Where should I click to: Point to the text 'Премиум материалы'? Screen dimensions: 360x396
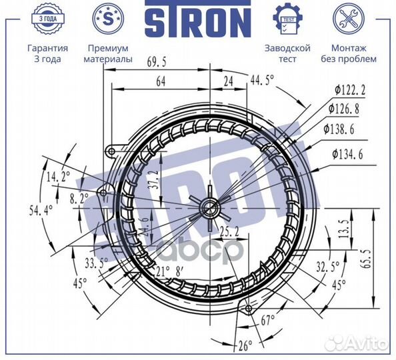click(108, 53)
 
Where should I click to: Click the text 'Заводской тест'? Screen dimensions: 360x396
click(287, 53)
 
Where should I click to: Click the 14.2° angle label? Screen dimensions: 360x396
click(59, 177)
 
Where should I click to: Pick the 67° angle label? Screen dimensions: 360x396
click(268, 321)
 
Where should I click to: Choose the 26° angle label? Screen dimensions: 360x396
click(245, 345)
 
